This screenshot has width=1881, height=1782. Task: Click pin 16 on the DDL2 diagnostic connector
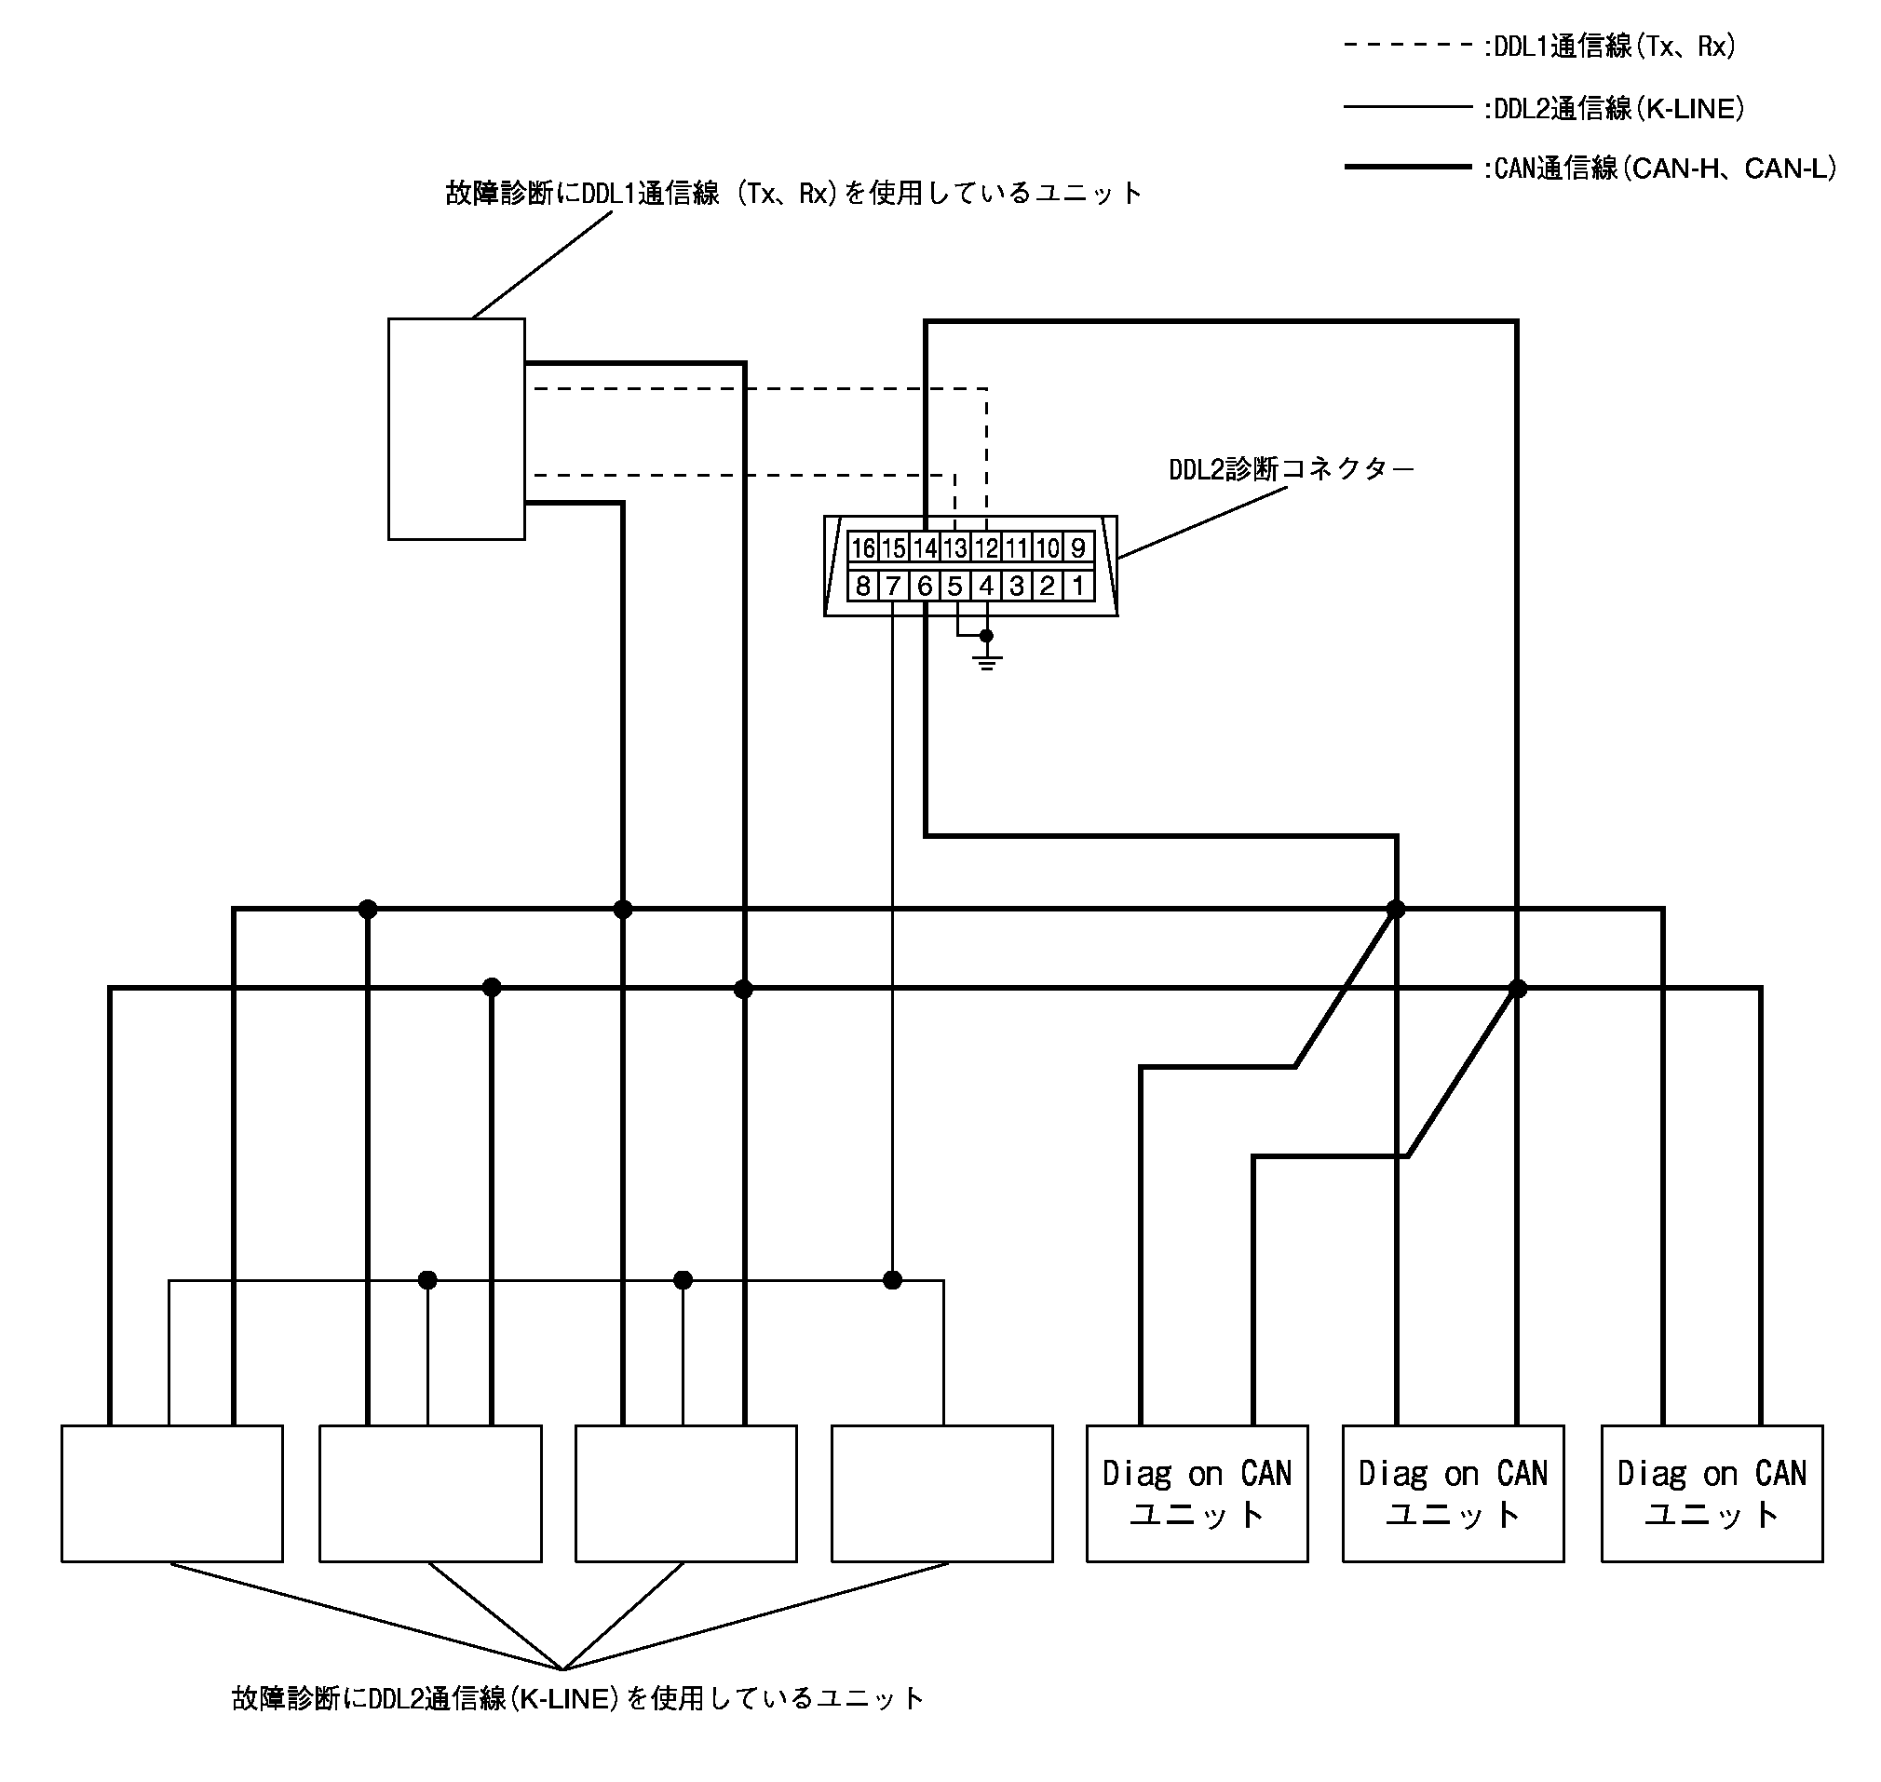click(861, 548)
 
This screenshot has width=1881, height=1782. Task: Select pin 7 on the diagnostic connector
click(893, 586)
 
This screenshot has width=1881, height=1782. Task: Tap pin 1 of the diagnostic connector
click(1077, 586)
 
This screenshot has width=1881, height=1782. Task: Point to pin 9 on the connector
click(1077, 548)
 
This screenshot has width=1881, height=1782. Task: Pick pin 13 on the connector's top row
click(954, 548)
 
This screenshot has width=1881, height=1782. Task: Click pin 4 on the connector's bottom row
click(986, 586)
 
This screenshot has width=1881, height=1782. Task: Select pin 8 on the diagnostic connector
click(861, 586)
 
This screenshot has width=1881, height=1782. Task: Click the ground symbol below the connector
click(987, 660)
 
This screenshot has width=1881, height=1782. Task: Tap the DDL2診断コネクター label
click(1291, 469)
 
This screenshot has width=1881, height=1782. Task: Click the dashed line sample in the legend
click(1407, 45)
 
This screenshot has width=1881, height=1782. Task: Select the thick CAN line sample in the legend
click(1407, 168)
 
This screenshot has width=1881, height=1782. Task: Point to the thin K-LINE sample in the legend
click(1407, 107)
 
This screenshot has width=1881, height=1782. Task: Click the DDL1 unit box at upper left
click(456, 428)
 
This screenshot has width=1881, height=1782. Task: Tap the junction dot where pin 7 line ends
click(892, 1280)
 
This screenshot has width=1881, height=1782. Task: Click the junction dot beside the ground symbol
click(986, 636)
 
